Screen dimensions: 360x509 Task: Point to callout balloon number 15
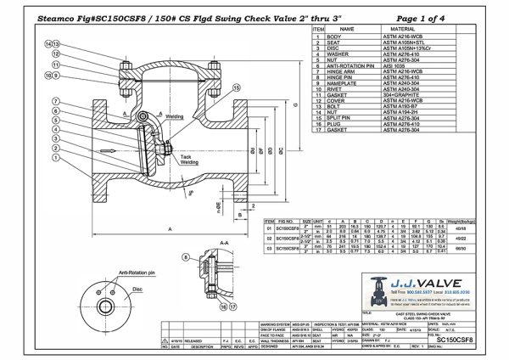235,87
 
